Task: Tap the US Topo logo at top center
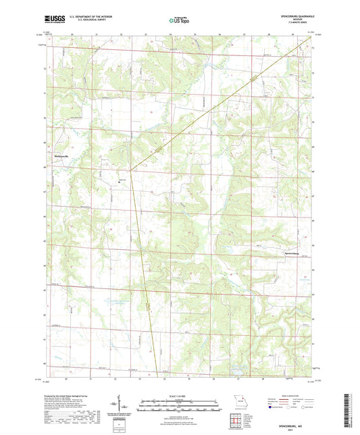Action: [x=179, y=21]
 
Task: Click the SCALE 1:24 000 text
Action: [x=180, y=396]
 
